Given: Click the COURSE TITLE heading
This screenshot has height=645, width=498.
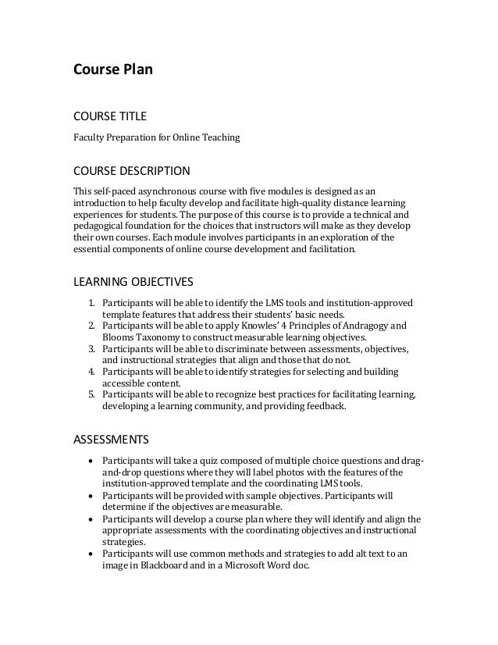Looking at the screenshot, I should tap(109, 117).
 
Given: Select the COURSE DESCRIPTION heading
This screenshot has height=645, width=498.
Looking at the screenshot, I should tap(131, 170).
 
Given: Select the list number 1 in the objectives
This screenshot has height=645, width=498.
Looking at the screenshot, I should tap(91, 303).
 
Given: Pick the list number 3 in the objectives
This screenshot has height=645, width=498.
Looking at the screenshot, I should tap(91, 348).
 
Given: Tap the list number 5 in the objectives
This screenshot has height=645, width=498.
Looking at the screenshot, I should tap(91, 394).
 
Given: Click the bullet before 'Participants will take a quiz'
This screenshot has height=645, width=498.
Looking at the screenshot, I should tap(92, 460).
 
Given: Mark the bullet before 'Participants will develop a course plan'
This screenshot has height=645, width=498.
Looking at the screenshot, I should tap(92, 517).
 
